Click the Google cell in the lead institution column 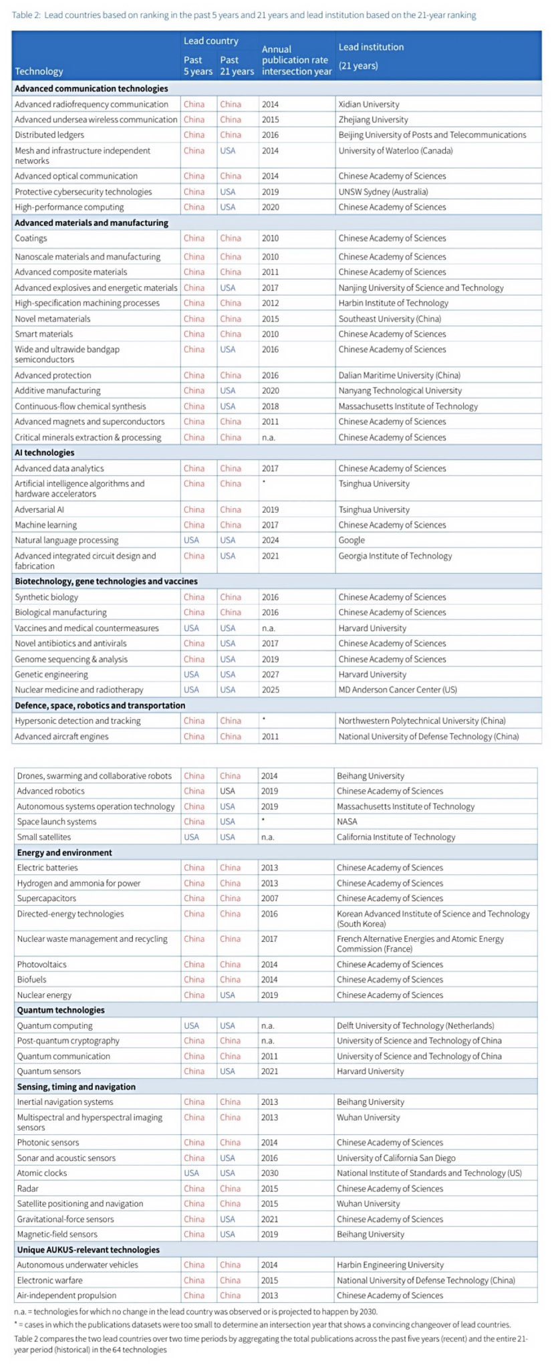pos(352,540)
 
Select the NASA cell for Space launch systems pos(347,822)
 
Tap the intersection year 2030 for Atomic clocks pos(270,1173)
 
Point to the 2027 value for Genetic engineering pos(271,674)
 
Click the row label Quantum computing pos(55,1025)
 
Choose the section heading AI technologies pos(45,453)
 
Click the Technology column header pos(39,72)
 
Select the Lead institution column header pos(371,47)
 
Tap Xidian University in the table pos(369,104)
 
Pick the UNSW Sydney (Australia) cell pos(383,192)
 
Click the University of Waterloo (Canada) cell pos(395,151)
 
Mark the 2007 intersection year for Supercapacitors pos(270,898)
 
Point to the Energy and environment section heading pos(65,852)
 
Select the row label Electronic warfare pos(50,1280)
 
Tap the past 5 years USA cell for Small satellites pos(192,837)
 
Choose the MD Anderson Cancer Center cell pos(398,690)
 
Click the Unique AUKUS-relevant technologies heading pos(88,1250)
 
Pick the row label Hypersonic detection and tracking pos(78,721)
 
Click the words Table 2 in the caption pos(25,15)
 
